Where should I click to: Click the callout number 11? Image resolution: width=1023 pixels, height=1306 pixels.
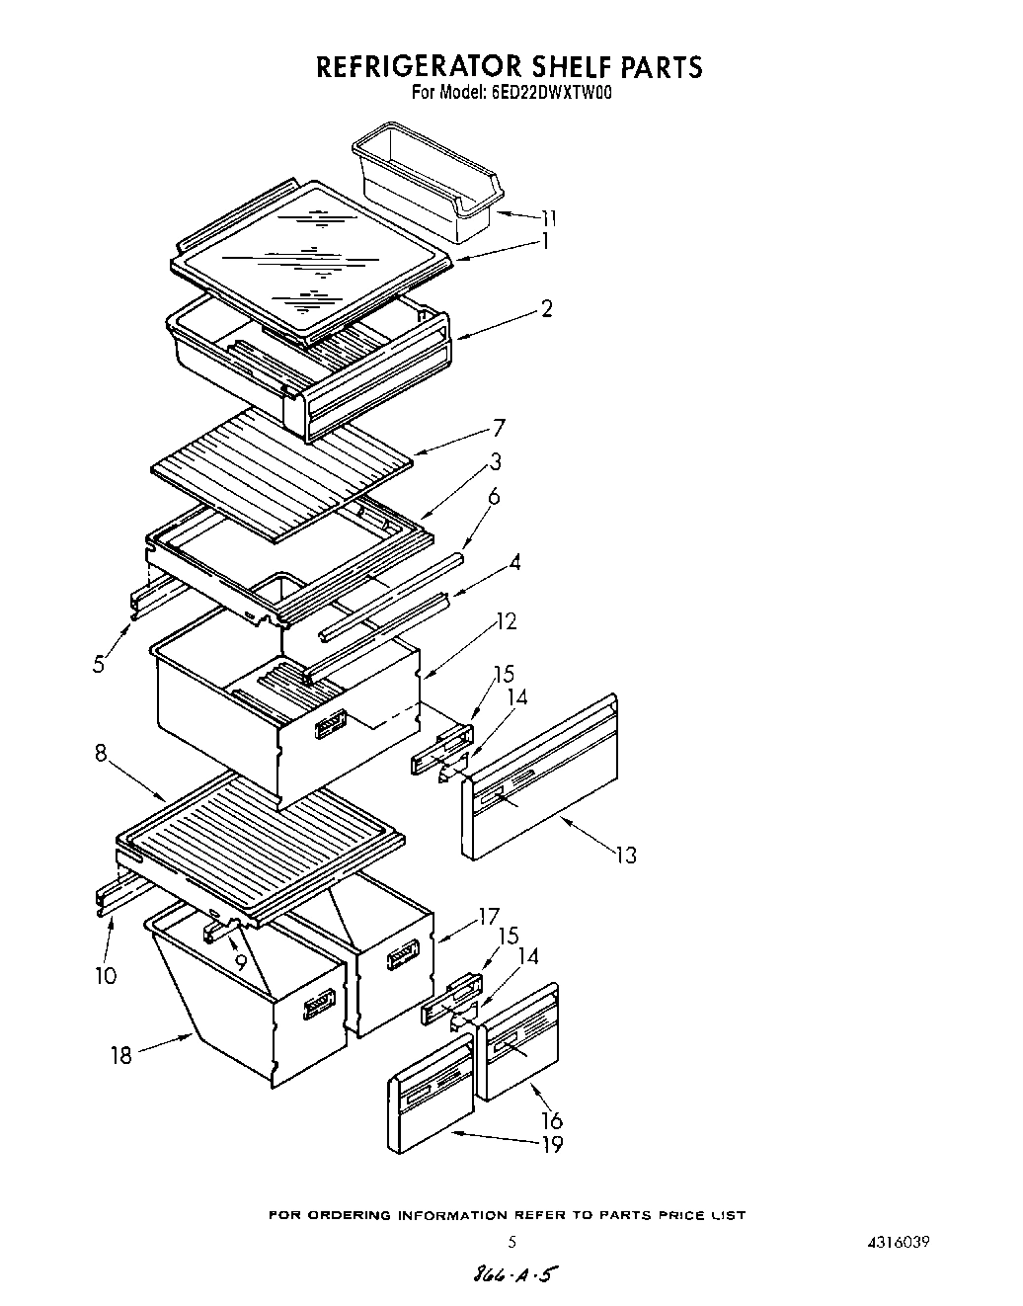(549, 218)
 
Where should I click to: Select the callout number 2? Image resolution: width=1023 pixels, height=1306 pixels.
(546, 309)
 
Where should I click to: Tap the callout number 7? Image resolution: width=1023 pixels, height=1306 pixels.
(499, 428)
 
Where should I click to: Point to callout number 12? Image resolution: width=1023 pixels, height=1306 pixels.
(506, 621)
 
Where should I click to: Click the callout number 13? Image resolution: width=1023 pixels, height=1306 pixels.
(626, 855)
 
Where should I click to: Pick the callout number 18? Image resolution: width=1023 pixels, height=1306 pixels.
(120, 1055)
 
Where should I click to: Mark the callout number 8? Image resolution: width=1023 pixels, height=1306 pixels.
(101, 754)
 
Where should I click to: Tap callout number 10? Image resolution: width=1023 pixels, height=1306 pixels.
(106, 976)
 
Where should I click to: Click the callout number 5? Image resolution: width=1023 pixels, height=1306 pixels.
(98, 665)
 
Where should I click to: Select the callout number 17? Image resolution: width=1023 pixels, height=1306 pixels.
(489, 918)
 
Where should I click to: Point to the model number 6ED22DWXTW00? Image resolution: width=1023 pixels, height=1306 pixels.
(550, 95)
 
